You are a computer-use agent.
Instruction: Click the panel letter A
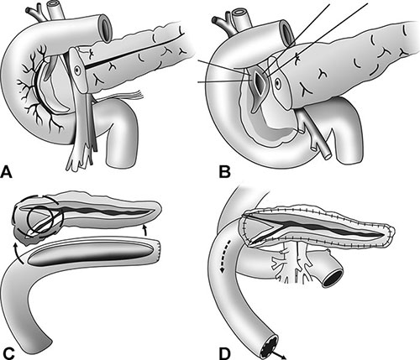7,171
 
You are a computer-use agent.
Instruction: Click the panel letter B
224,171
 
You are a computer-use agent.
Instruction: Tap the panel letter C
7,353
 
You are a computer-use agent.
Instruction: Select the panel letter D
225,353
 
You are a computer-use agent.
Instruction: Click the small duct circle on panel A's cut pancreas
76,70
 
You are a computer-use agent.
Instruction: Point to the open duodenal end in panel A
106,28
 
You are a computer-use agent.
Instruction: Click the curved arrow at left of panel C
18,253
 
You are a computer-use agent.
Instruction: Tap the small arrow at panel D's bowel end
281,354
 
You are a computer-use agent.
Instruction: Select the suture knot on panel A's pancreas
90,53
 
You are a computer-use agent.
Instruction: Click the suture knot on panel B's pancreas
297,59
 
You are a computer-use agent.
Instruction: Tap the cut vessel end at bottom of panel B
327,155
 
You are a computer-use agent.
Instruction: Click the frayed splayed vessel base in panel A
79,159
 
